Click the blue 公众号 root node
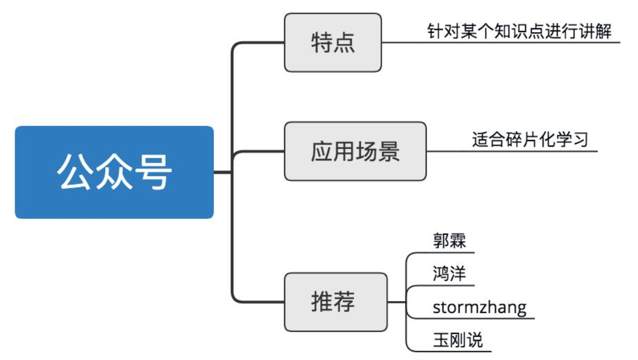(114, 172)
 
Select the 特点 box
(333, 43)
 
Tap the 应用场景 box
(355, 151)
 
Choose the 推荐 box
(335, 302)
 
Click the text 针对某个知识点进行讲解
(519, 31)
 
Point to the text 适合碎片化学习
(530, 139)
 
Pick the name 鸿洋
(449, 274)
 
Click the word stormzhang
(479, 308)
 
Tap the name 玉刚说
(457, 340)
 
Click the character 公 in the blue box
(75, 172)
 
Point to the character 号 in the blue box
(153, 172)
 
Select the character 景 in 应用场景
(389, 151)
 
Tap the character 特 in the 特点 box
(322, 43)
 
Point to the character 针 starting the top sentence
(435, 31)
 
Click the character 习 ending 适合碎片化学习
(580, 139)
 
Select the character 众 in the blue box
(114, 172)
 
